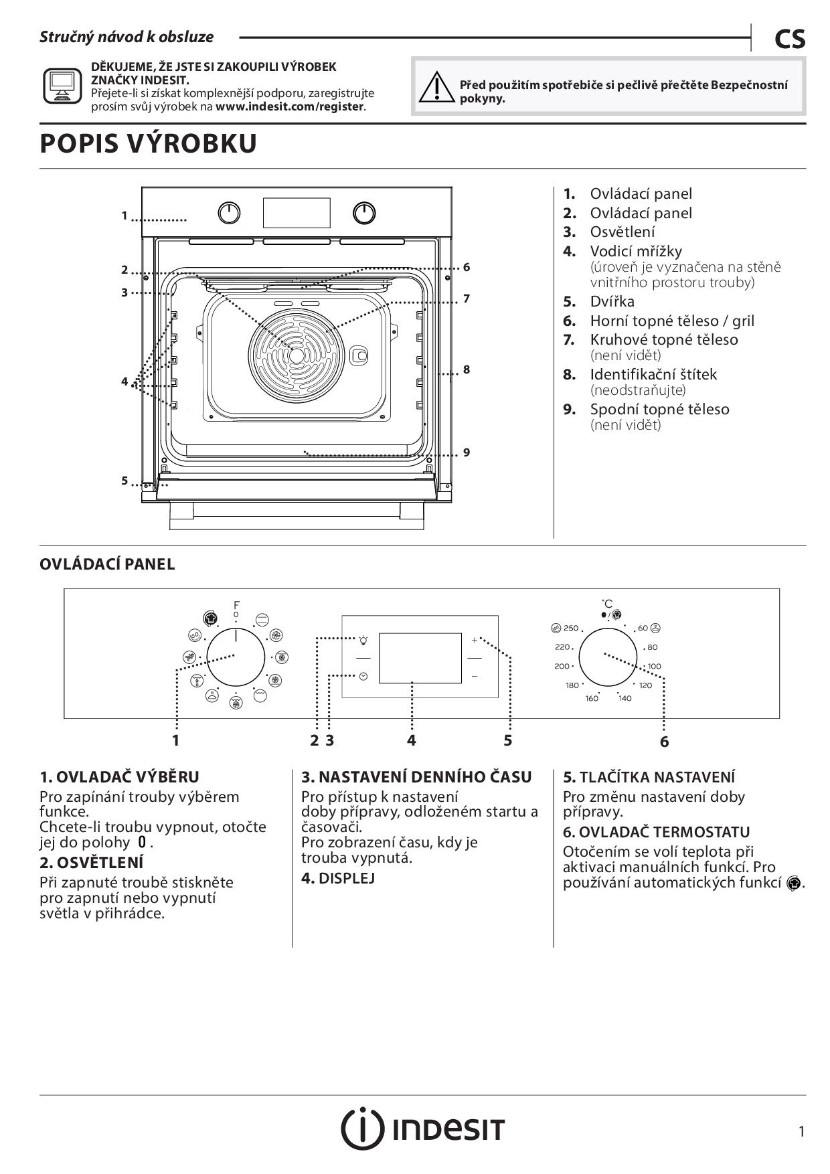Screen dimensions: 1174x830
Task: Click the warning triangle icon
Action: point(435,87)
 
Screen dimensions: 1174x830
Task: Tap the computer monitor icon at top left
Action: point(62,86)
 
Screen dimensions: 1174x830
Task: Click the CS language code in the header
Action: point(790,39)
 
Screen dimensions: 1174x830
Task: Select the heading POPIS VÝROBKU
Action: point(149,144)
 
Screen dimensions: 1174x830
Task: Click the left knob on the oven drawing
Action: point(230,214)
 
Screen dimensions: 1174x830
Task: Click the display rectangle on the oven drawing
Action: point(297,213)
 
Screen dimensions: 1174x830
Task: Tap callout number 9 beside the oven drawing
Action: point(467,452)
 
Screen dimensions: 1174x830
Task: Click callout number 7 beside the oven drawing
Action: point(467,299)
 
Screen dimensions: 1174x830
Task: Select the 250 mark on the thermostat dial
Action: point(570,628)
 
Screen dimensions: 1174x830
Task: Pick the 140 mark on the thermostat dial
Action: point(625,698)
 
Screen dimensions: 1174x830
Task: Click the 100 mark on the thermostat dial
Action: point(654,666)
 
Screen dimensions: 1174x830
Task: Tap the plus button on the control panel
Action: point(475,640)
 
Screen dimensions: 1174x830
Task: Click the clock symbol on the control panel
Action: point(363,677)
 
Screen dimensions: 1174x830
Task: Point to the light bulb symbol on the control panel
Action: point(363,640)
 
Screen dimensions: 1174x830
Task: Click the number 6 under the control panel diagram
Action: point(664,742)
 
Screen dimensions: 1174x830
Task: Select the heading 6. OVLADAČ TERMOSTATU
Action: point(656,832)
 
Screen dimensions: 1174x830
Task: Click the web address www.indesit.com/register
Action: point(290,106)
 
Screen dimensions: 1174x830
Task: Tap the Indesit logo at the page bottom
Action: point(423,1128)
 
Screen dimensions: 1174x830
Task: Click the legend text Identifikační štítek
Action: point(653,374)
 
